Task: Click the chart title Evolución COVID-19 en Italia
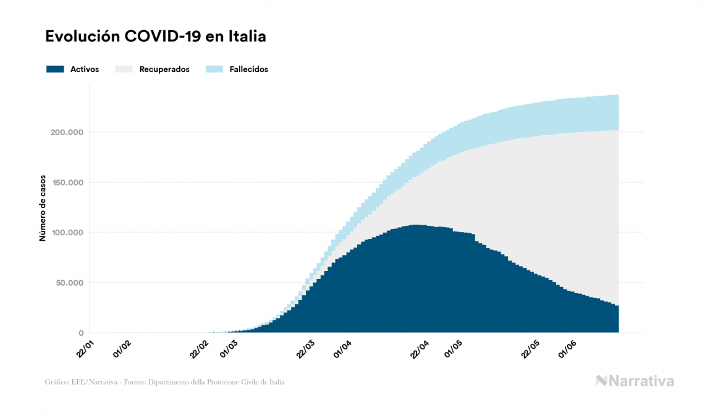tap(156, 37)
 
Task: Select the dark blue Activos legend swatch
tap(55, 69)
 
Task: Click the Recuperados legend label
tap(164, 70)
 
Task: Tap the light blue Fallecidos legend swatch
tap(213, 69)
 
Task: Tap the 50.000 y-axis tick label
tap(67, 283)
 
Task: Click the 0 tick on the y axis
tap(81, 333)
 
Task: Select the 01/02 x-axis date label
tap(121, 349)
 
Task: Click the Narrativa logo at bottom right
tap(635, 381)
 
